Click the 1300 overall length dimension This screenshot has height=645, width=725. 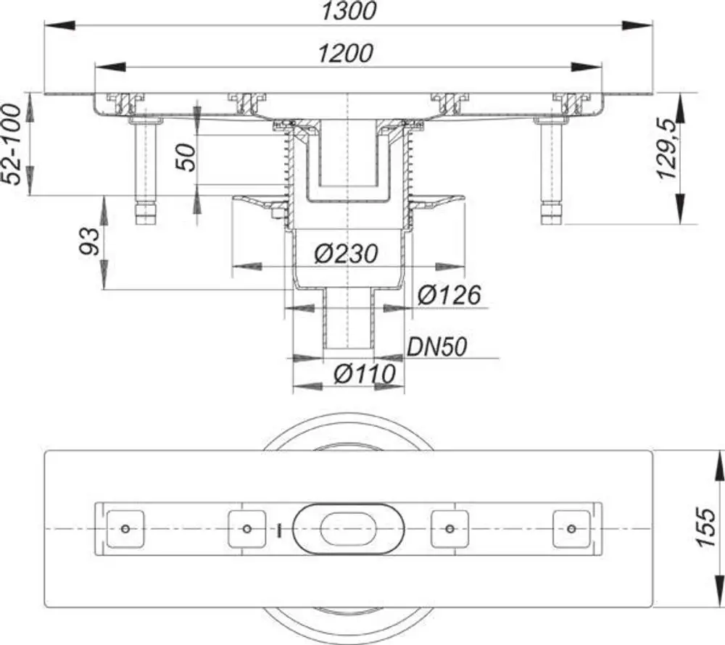349,11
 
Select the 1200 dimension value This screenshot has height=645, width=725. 345,54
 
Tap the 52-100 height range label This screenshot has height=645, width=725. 11,144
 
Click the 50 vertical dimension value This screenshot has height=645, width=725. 187,157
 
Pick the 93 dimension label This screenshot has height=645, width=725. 89,241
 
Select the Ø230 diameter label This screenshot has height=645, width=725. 347,254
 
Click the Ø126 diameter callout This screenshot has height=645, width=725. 449,295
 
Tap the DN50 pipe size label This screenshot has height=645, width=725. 437,347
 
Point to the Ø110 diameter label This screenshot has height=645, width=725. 365,374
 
